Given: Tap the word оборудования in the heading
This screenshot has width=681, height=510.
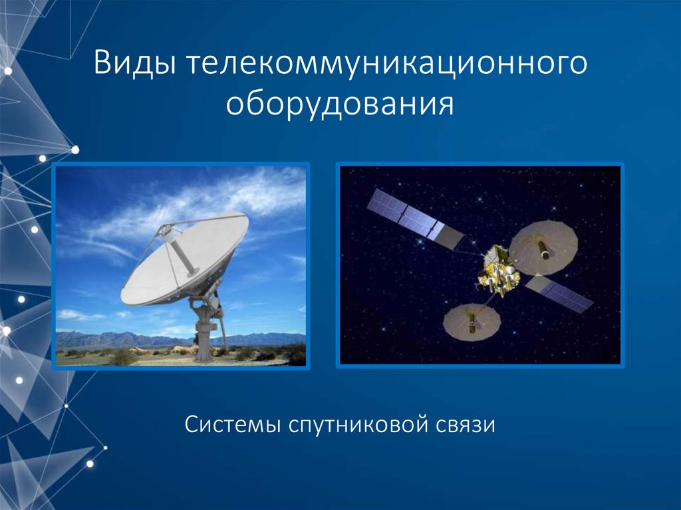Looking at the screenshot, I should (x=340, y=105).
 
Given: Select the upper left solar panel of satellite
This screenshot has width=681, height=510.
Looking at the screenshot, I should (x=406, y=214).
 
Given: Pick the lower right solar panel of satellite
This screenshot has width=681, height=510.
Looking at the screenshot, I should (x=560, y=294).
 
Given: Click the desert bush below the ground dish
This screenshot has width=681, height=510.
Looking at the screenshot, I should (x=124, y=358).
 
